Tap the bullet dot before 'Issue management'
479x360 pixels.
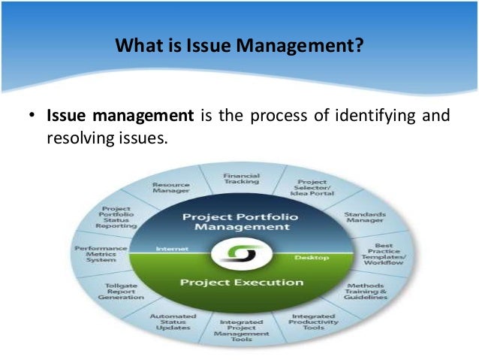pos(32,117)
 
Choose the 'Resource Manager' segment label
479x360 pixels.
pos(171,188)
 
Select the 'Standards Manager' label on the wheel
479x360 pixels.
pos(364,218)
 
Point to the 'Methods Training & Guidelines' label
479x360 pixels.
pos(366,292)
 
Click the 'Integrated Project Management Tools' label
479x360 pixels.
pos(240,330)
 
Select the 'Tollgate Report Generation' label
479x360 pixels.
pos(121,291)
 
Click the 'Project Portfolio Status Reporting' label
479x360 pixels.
pos(118,217)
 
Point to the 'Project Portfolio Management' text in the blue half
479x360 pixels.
pos(239,222)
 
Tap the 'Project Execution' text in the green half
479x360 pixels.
pos(240,283)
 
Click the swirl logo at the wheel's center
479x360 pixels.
pos(240,253)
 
